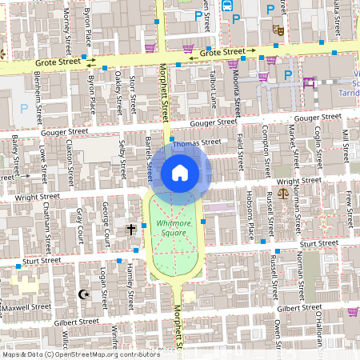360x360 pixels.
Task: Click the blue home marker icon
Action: (x=180, y=172)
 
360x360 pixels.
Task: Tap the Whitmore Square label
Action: (x=172, y=228)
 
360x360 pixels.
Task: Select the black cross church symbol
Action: (x=131, y=230)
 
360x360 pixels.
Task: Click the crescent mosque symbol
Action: (x=81, y=294)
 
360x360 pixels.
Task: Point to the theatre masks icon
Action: (x=278, y=30)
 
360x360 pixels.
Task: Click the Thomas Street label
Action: (x=197, y=143)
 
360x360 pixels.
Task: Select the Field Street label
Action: (x=242, y=150)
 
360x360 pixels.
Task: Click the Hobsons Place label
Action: (x=250, y=218)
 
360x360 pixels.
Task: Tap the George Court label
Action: (x=106, y=223)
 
